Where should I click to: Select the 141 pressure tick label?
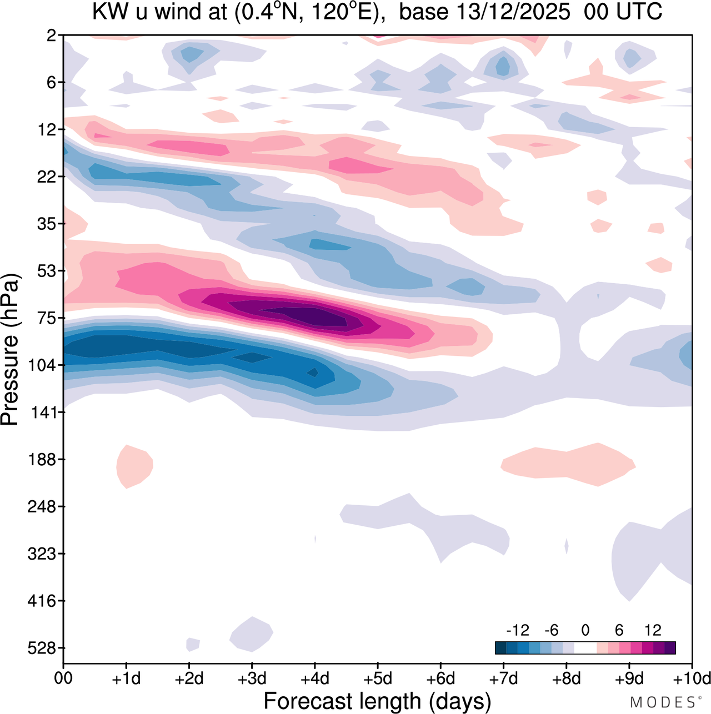(x=44, y=413)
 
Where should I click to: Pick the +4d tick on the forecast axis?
(x=314, y=678)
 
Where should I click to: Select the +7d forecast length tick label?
(x=503, y=678)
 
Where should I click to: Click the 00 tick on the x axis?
(x=63, y=678)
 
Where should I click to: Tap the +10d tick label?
(x=691, y=678)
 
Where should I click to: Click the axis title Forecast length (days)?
(x=377, y=701)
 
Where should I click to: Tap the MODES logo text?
(x=662, y=702)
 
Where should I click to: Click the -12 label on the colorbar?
(x=517, y=630)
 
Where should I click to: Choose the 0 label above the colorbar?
(x=585, y=630)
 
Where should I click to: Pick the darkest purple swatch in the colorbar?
(x=670, y=648)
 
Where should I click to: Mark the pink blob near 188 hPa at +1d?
(x=134, y=466)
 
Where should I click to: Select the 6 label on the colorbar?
(x=619, y=630)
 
